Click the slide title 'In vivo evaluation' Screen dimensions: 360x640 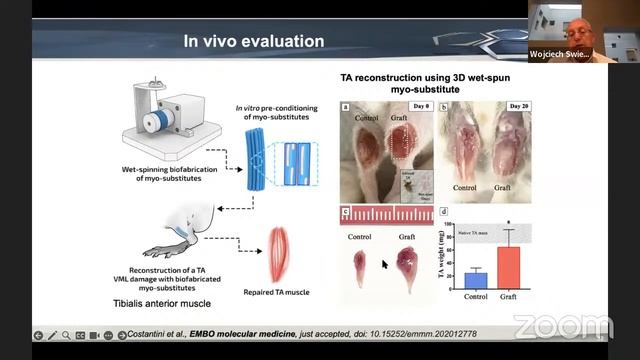pos(253,41)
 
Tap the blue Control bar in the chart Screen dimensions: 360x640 pos(475,280)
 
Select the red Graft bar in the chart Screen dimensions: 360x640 pos(509,267)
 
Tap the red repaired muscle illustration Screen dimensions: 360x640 pos(280,256)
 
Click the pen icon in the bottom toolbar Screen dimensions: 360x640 pos(52,335)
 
